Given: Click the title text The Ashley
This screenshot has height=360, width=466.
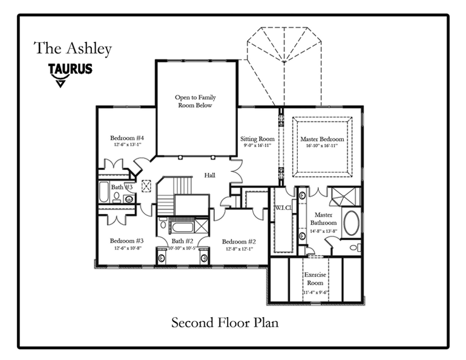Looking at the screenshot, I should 73,48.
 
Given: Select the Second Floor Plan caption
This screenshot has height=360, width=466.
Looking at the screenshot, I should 225,322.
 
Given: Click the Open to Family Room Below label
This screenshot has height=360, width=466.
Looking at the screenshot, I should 195,101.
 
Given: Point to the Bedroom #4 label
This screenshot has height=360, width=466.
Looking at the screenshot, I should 126,137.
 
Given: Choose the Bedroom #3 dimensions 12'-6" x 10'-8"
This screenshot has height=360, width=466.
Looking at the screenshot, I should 126,248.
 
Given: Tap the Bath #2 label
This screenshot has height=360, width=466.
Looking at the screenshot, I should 182,240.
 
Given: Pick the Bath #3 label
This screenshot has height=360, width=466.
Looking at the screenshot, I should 121,187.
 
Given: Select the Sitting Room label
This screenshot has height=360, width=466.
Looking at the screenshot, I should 257,139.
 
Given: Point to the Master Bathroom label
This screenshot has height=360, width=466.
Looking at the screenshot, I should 324,219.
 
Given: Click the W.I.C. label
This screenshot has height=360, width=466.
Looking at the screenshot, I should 284,208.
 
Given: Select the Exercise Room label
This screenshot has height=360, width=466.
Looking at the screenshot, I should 315,278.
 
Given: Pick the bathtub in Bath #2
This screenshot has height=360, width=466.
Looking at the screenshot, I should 182,227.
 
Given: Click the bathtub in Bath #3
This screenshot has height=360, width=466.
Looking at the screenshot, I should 103,192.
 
